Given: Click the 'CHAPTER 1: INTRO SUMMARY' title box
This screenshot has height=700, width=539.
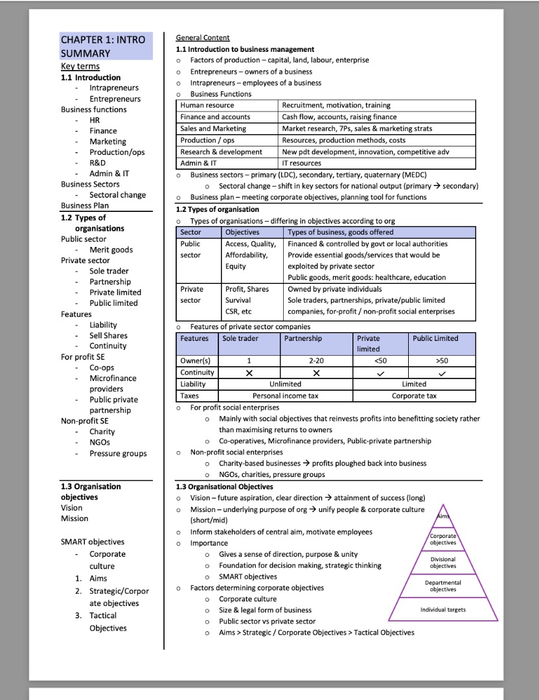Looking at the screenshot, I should coord(106,47).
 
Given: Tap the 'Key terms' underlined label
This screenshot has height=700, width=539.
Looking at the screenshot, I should coord(80,66).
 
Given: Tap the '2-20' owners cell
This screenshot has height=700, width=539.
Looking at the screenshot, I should coord(316,361).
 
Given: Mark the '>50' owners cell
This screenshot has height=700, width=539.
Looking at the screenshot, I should coord(442,361).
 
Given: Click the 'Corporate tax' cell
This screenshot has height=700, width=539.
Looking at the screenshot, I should coord(414,395).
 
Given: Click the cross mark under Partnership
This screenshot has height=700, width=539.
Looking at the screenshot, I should coord(316,373).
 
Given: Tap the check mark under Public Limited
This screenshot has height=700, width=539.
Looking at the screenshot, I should coord(442,373).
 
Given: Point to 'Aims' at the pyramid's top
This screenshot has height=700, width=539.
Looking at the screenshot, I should coord(443,515).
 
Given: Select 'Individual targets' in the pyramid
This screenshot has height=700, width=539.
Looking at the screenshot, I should coord(443,609).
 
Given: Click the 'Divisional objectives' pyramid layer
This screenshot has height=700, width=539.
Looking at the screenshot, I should coord(443,563).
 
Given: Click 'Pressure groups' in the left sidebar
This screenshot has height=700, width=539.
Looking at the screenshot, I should coord(118,453).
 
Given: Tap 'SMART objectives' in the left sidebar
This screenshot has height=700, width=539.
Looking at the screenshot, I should coord(93,542).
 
